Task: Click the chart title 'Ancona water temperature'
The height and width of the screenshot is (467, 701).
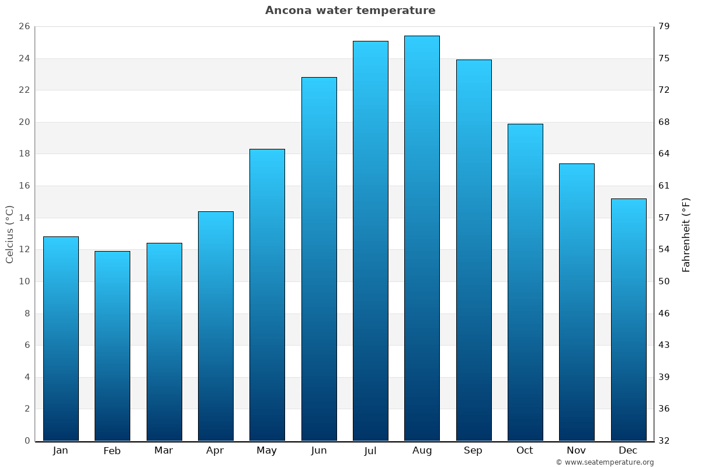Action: coord(350,11)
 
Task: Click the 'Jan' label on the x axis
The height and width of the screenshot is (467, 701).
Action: coord(60,451)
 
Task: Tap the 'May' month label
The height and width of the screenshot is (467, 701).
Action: coord(267,451)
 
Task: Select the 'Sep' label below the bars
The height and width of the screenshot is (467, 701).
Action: coord(473,451)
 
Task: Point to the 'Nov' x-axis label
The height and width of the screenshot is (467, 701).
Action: coord(577,451)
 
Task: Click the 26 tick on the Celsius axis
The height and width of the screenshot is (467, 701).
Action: coord(24,27)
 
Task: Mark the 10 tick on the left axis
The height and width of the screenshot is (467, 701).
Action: coord(24,281)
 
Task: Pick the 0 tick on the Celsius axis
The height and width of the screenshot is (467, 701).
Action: coord(27,441)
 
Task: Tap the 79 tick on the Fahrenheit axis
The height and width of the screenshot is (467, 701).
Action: coord(664,27)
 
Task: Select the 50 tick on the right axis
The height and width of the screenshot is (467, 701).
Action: coord(664,281)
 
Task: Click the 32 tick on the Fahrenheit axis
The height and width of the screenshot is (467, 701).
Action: coord(664,441)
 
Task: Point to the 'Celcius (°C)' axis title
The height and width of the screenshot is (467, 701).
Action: coord(10,234)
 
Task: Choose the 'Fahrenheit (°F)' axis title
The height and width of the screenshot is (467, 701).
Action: coord(686,235)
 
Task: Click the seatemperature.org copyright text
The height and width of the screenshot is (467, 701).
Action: coord(605,462)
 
